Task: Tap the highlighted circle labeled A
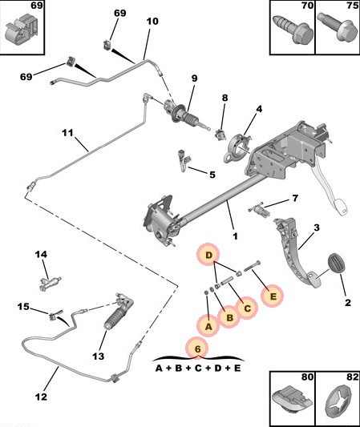pyautogui.click(x=208, y=325)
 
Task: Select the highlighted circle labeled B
pyautogui.click(x=229, y=317)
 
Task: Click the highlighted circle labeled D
pyautogui.click(x=208, y=256)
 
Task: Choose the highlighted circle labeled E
pyautogui.click(x=273, y=296)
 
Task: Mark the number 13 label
pyautogui.click(x=99, y=356)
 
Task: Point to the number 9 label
pyautogui.click(x=193, y=79)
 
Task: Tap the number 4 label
pyautogui.click(x=259, y=109)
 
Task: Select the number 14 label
pyautogui.click(x=41, y=255)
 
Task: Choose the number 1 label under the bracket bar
pyautogui.click(x=235, y=236)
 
